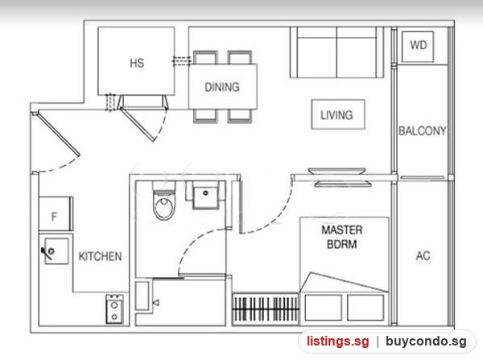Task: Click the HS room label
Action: click(137, 63)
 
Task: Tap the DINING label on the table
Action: click(222, 87)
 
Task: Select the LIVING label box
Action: click(338, 114)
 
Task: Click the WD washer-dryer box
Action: click(418, 47)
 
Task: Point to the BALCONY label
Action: click(423, 130)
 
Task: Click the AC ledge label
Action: click(423, 255)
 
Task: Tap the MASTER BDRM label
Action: click(342, 237)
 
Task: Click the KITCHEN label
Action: click(100, 256)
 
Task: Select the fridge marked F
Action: click(56, 213)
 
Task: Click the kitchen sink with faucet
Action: click(56, 250)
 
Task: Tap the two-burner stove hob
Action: click(114, 309)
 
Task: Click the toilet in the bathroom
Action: click(164, 201)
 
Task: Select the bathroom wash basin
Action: click(206, 195)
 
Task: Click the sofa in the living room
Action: click(336, 52)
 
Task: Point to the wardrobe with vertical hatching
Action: click(266, 309)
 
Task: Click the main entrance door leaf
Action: click(56, 134)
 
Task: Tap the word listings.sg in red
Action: click(337, 341)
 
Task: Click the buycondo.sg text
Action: click(426, 341)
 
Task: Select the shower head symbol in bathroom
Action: click(156, 303)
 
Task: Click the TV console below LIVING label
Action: click(337, 171)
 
